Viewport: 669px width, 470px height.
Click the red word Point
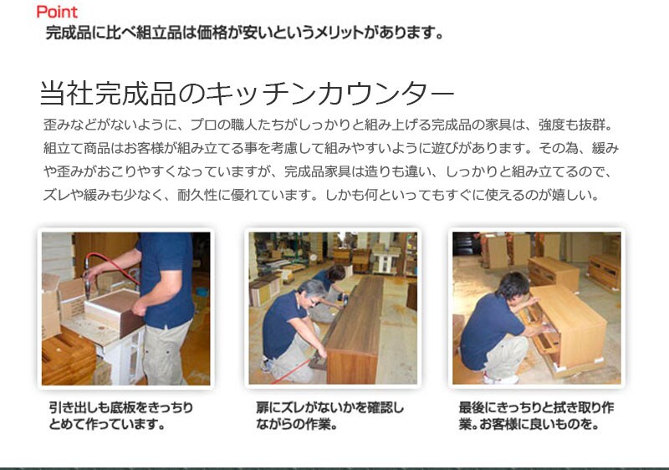pyautogui.click(x=57, y=12)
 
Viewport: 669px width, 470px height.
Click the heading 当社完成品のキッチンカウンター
pyautogui.click(x=247, y=93)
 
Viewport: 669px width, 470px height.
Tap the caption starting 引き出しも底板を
pyautogui.click(x=120, y=416)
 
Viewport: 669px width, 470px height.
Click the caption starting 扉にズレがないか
pyautogui.click(x=329, y=416)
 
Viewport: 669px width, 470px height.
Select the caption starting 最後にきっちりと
pyautogui.click(x=536, y=416)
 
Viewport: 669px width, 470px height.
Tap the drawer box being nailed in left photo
pyautogui.click(x=115, y=312)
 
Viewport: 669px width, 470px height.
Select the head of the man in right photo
pyautogui.click(x=513, y=286)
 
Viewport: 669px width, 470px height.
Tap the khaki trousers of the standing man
pyautogui.click(x=166, y=352)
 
